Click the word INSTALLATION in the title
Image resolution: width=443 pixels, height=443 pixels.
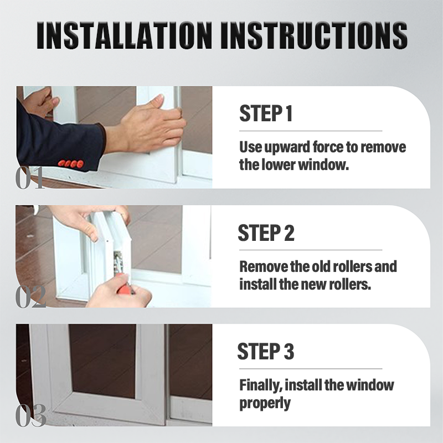pyautogui.click(x=123, y=35)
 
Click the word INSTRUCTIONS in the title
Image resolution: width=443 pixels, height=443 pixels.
pyautogui.click(x=313, y=35)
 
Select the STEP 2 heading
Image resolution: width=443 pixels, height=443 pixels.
pyautogui.click(x=266, y=233)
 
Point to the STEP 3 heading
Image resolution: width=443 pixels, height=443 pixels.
pyautogui.click(x=266, y=352)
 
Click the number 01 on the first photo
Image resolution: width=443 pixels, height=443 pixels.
pyautogui.click(x=29, y=178)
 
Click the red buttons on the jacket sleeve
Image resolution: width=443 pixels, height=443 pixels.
pyautogui.click(x=71, y=163)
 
